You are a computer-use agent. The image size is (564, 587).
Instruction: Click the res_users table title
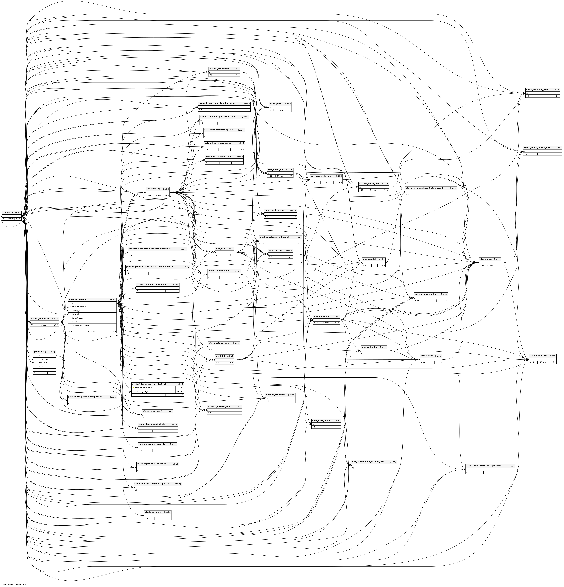[8, 212]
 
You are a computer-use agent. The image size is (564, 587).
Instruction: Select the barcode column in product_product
[75, 321]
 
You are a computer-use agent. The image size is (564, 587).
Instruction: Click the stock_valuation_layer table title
[537, 89]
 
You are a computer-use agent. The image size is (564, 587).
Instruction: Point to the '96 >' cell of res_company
[166, 195]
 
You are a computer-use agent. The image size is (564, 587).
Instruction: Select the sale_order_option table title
[321, 420]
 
